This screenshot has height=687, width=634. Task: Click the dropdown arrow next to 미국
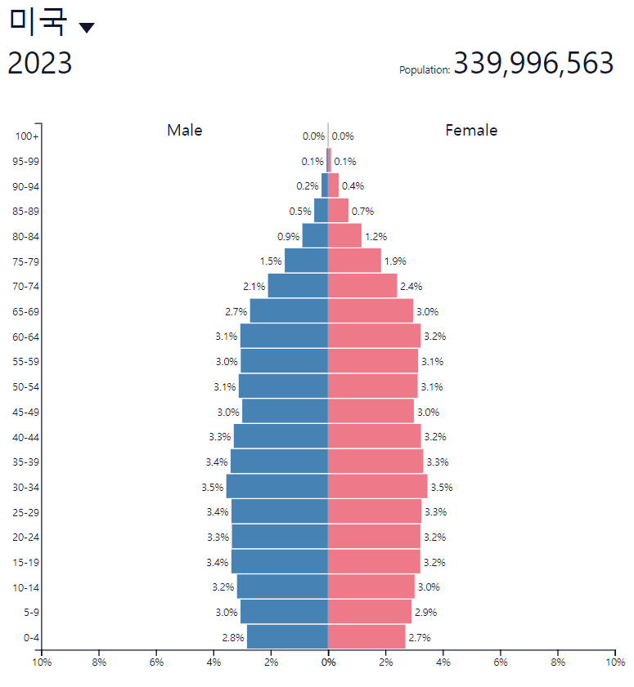(x=87, y=28)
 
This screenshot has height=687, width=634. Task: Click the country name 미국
(x=38, y=22)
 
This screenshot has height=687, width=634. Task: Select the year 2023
(x=40, y=64)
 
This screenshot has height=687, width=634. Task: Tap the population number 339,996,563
(x=533, y=63)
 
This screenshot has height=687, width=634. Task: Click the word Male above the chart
(x=185, y=130)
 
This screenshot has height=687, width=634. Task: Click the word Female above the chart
(x=471, y=130)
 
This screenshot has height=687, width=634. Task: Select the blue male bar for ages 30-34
(x=277, y=487)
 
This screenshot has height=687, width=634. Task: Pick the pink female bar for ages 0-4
(x=366, y=637)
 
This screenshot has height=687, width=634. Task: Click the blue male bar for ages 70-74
(x=298, y=286)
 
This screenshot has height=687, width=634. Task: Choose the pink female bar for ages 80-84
(x=344, y=236)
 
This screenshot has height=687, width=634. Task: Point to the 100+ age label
(x=27, y=136)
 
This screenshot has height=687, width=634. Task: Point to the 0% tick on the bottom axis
(x=328, y=662)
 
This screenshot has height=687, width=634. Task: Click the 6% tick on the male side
(x=156, y=662)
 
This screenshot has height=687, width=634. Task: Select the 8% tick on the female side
(x=558, y=662)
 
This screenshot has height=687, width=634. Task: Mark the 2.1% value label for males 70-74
(x=254, y=287)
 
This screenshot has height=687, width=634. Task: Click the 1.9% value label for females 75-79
(x=395, y=261)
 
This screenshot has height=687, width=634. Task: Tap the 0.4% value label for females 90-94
(x=353, y=186)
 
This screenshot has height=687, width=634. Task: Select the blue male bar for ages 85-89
(x=321, y=211)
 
